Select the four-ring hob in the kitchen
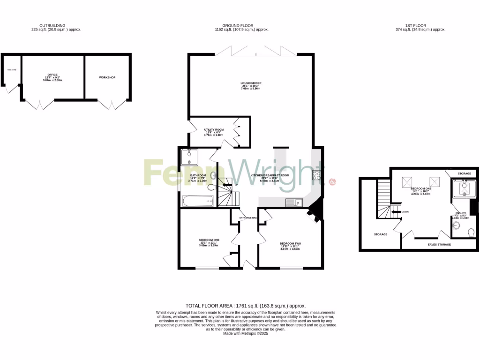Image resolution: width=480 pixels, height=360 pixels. pos(316,176)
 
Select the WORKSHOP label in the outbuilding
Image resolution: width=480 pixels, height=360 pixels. pos(107,77)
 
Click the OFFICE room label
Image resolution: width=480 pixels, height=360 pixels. pos(52,75)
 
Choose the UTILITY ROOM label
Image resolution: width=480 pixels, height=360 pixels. pos(213,129)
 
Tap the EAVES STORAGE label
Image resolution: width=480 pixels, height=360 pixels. pos(439,244)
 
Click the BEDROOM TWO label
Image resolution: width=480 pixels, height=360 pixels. pos(290,243)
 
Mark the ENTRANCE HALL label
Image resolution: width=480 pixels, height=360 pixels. pos(248,218)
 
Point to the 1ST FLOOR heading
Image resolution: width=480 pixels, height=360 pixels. pos(420,26)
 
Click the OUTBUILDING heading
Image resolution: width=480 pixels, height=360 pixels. pos(52,26)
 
